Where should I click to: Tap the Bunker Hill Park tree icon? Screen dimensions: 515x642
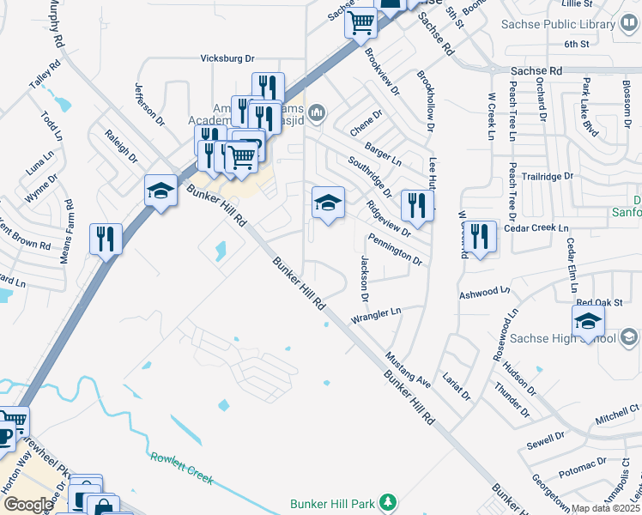click(x=389, y=500)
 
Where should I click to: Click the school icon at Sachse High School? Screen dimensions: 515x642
click(x=588, y=321)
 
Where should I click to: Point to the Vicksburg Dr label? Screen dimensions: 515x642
click(x=227, y=58)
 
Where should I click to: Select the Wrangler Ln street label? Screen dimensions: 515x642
click(x=376, y=316)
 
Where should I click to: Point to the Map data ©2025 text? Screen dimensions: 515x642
click(x=606, y=508)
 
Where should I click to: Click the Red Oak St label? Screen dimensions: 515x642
click(x=598, y=302)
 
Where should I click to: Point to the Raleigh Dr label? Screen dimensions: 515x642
click(x=120, y=145)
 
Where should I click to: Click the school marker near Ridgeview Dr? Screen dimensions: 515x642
click(x=327, y=202)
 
